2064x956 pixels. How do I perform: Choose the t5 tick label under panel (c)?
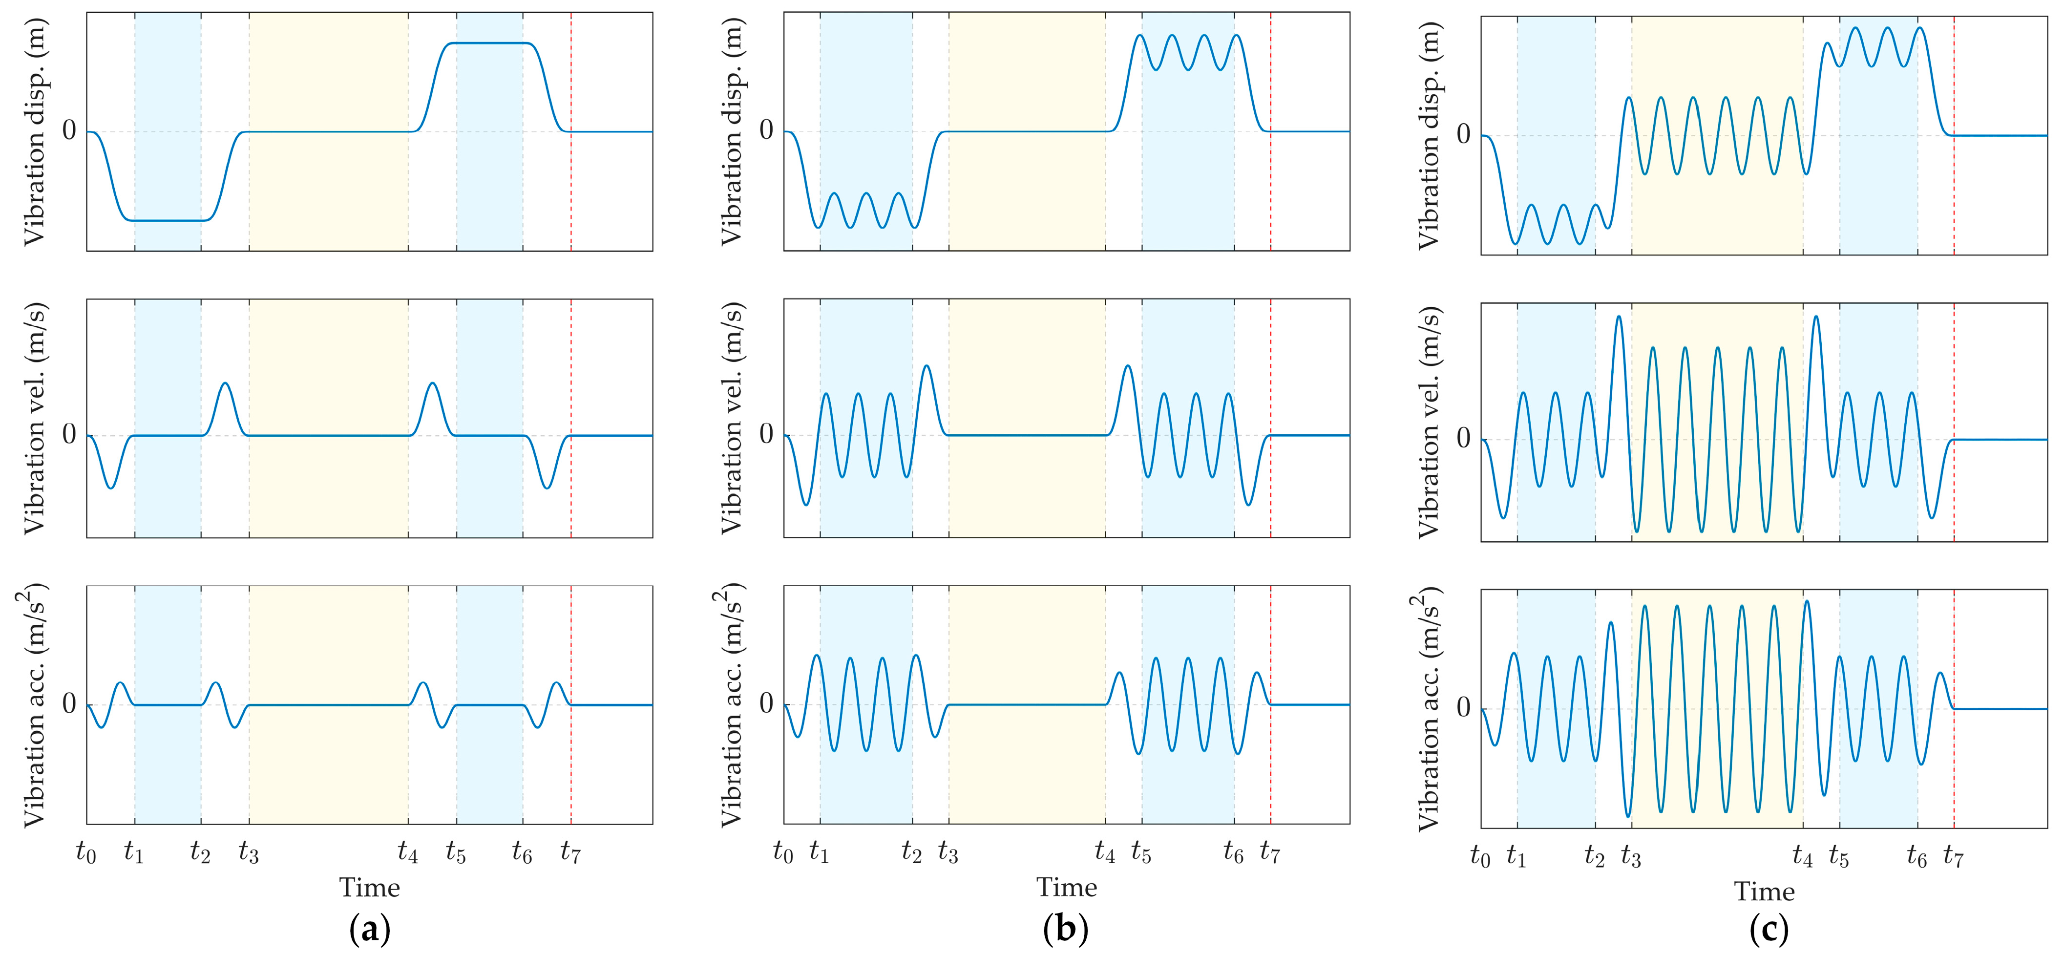pyautogui.click(x=1839, y=857)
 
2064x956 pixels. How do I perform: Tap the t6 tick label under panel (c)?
pyautogui.click(x=1917, y=857)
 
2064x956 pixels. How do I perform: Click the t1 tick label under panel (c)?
pyautogui.click(x=1516, y=857)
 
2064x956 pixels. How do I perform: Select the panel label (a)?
pyautogui.click(x=370, y=930)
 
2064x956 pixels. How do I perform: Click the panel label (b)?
pyautogui.click(x=1066, y=930)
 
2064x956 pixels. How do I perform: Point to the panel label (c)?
pyautogui.click(x=1769, y=930)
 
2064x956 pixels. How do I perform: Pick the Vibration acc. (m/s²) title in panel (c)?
pyautogui.click(x=1426, y=709)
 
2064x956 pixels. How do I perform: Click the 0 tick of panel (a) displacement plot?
pyautogui.click(x=70, y=130)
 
